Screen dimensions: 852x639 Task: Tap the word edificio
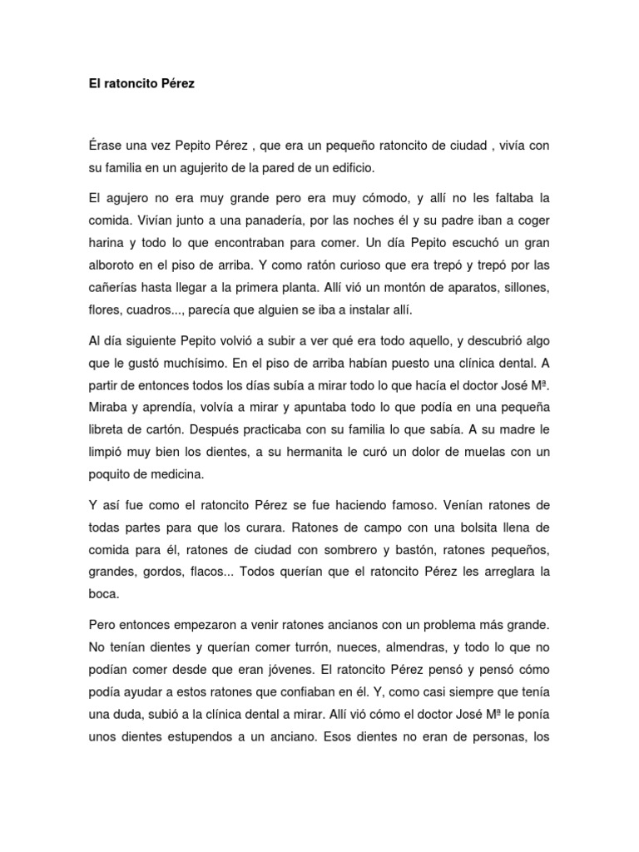point(353,167)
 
